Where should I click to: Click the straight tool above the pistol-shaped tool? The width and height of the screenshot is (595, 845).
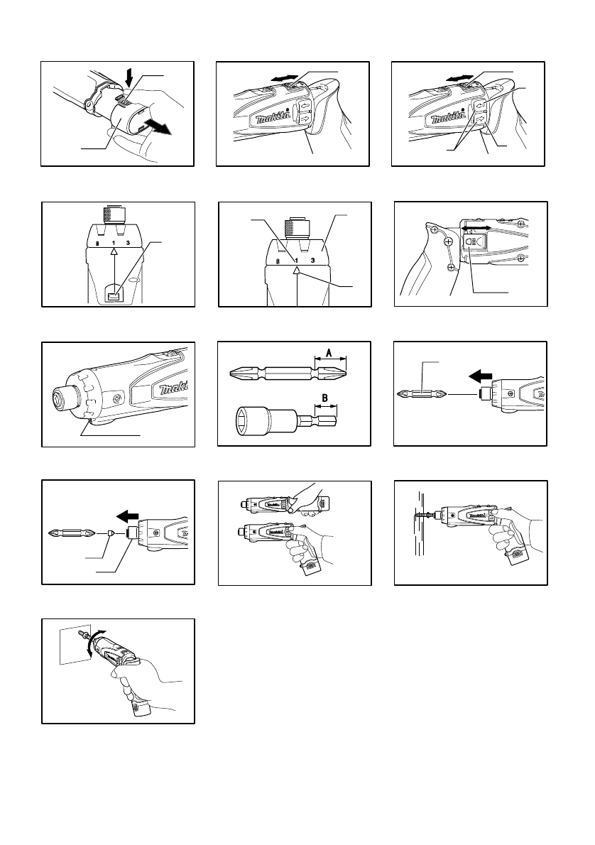[x=266, y=505]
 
